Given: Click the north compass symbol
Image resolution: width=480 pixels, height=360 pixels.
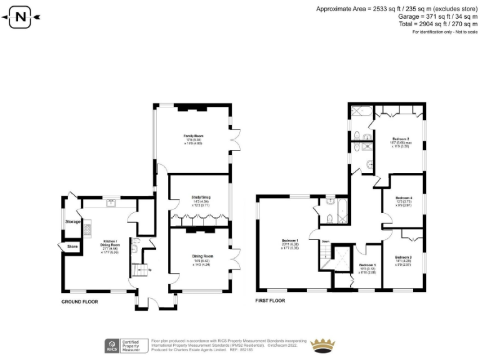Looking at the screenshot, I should pyautogui.click(x=21, y=17).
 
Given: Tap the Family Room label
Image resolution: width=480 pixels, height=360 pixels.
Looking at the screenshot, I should pyautogui.click(x=193, y=136).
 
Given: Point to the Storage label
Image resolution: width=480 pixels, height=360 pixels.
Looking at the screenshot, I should pyautogui.click(x=73, y=221).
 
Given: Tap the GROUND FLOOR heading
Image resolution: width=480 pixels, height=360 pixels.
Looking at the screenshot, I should pyautogui.click(x=81, y=302).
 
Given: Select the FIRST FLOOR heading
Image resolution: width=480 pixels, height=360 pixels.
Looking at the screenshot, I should pyautogui.click(x=270, y=301).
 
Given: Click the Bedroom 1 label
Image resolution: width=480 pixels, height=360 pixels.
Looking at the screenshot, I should pyautogui.click(x=289, y=240).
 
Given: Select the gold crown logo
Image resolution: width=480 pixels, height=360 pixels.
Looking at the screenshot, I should pyautogui.click(x=324, y=345).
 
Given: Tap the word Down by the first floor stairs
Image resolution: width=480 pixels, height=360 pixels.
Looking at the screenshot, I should pyautogui.click(x=326, y=241).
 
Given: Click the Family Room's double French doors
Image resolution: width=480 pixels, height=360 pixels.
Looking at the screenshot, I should pyautogui.click(x=235, y=134).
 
